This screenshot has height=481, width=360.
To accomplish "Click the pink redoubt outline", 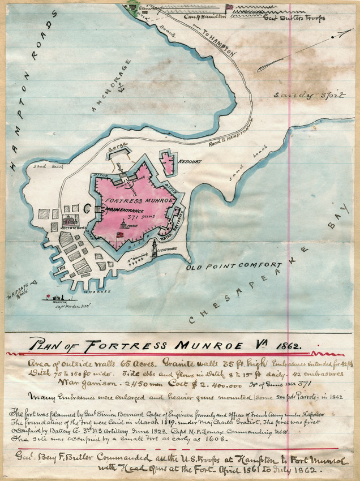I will tap(168, 162).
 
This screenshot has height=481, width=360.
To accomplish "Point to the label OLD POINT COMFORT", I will tap(235, 265).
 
